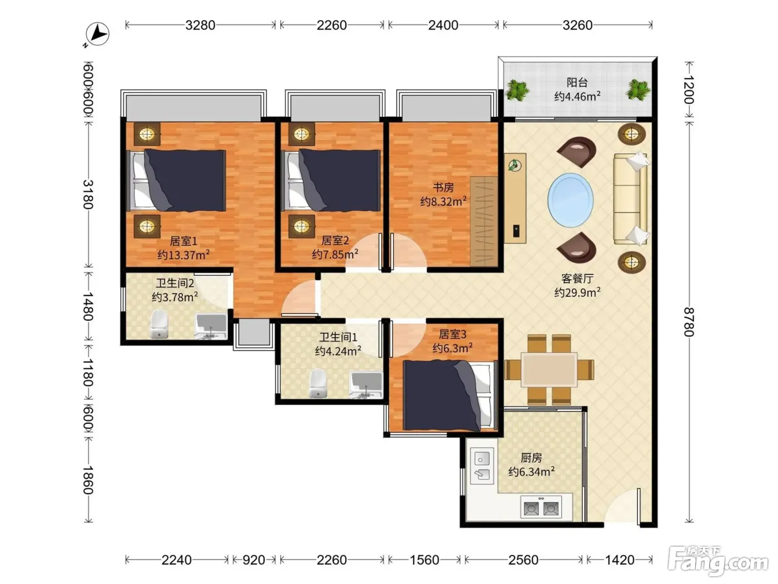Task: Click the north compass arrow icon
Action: [97, 34]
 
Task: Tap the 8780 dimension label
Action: [689, 322]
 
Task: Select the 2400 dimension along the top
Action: [443, 25]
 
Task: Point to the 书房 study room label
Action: [443, 187]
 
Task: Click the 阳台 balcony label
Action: [577, 82]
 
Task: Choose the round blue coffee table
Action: [570, 200]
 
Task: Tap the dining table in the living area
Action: [548, 369]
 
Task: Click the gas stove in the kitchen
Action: [541, 507]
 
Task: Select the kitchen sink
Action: [482, 466]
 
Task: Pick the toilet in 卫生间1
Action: [317, 383]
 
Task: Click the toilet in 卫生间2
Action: [159, 324]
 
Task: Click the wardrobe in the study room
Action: [484, 221]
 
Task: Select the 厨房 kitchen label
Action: [531, 458]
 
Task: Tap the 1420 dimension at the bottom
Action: [619, 560]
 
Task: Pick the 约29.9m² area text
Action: [577, 293]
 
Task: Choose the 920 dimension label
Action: [254, 560]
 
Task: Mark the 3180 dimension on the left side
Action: [88, 195]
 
